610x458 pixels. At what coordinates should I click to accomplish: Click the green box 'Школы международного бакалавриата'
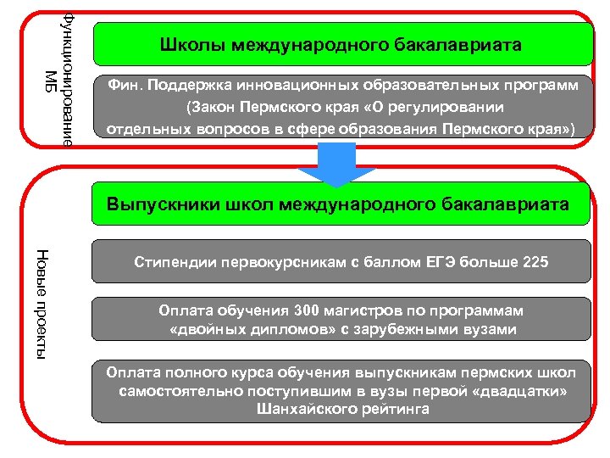[342, 44]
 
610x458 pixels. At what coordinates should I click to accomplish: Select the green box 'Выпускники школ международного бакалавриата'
[339, 204]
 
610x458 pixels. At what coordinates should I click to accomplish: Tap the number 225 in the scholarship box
[535, 262]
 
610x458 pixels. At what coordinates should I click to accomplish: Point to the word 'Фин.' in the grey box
[122, 87]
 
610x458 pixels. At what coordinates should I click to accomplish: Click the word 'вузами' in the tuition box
[491, 329]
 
